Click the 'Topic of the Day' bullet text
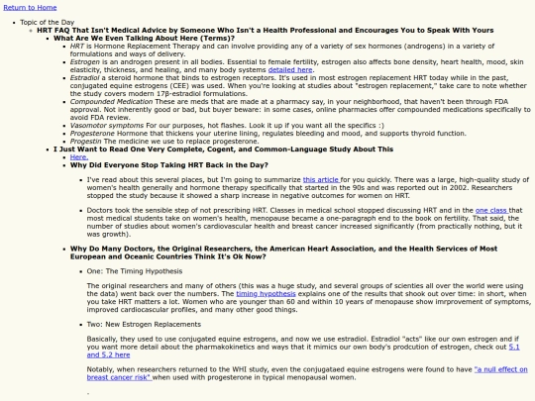[50, 21]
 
